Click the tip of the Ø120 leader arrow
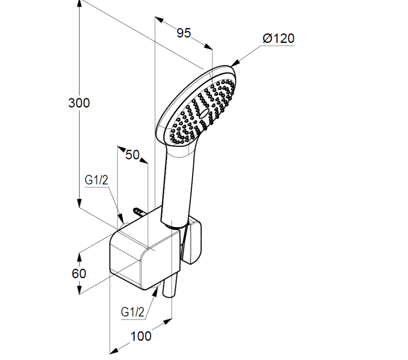230,66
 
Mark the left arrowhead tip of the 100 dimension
110,354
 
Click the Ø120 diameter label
278,39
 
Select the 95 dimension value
184,33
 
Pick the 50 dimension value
133,155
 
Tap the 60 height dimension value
79,273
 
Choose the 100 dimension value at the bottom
141,336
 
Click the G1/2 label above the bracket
96,180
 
